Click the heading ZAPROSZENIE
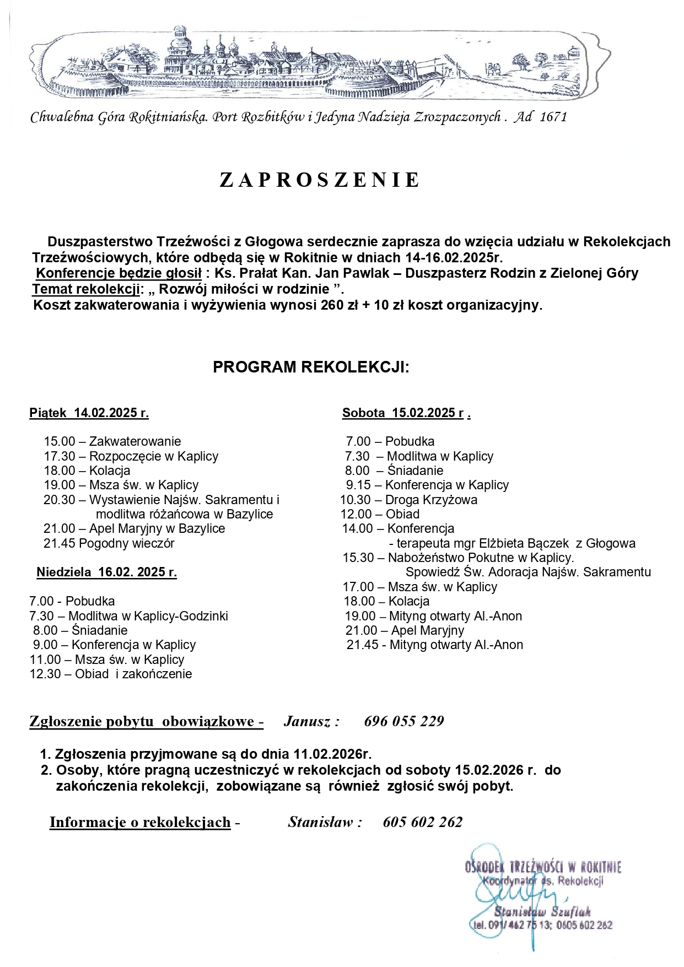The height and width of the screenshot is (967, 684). click(320, 181)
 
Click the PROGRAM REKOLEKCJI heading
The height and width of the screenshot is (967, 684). click(311, 368)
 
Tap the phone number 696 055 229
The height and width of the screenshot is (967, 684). click(404, 721)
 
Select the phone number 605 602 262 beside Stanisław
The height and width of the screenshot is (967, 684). click(423, 822)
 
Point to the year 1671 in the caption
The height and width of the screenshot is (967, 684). click(553, 117)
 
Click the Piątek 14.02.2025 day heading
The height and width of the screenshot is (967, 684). click(89, 413)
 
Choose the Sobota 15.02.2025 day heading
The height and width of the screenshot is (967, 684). click(406, 413)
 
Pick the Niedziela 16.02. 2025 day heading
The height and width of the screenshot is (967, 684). click(107, 572)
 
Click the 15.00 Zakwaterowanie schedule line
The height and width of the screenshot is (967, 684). click(112, 441)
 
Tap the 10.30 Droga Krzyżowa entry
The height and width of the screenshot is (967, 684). click(409, 500)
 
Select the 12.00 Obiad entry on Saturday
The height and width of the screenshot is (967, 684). click(380, 514)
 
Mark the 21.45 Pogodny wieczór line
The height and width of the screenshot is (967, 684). click(109, 543)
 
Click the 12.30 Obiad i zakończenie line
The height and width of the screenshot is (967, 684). click(111, 674)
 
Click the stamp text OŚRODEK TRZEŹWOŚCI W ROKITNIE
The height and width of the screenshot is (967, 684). click(543, 867)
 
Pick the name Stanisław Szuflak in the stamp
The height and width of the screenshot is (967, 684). click(542, 912)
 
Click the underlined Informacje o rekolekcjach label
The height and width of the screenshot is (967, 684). click(140, 822)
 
